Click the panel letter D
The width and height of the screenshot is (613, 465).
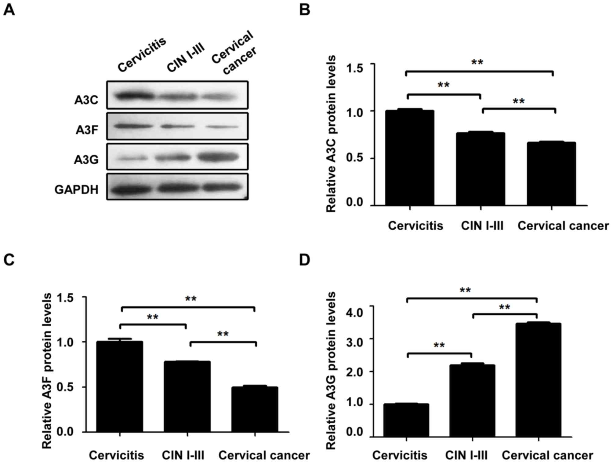[x=305, y=260]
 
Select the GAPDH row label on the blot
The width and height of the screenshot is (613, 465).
[x=76, y=190]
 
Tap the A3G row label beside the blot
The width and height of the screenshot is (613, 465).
[x=86, y=159]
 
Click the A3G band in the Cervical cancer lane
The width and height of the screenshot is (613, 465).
[x=217, y=157]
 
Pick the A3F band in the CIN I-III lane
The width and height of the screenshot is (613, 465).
[x=177, y=126]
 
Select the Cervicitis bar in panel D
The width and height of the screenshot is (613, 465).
[x=406, y=420]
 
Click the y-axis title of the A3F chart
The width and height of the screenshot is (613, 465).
[x=47, y=371]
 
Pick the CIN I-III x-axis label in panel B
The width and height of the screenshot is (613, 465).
[x=482, y=226]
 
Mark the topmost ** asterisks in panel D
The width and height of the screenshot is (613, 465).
[x=465, y=290]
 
